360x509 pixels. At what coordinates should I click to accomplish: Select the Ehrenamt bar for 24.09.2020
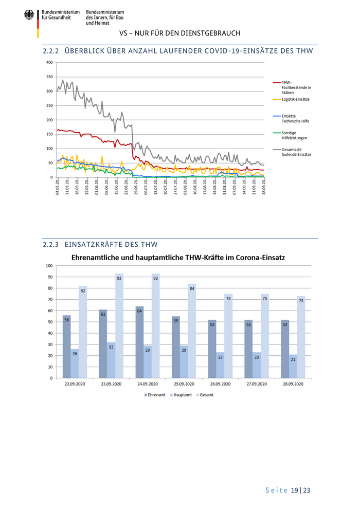click(x=139, y=342)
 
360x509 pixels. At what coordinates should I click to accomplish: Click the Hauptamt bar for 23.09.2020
click(x=111, y=360)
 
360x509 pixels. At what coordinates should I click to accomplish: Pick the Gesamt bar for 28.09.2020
click(x=301, y=337)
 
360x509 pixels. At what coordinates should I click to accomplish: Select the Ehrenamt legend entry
click(x=153, y=395)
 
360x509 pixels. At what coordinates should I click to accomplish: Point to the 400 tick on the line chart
click(x=50, y=63)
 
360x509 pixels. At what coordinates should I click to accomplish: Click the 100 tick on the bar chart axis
click(x=49, y=266)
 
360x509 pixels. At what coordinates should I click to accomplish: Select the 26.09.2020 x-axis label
click(x=220, y=384)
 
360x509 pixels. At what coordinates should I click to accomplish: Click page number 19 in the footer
click(x=295, y=490)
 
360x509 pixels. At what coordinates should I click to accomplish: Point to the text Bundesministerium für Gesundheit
click(x=61, y=15)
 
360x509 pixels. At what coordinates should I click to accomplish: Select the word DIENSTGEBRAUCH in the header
click(x=211, y=33)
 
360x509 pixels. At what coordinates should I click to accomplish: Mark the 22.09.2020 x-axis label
click(x=75, y=384)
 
